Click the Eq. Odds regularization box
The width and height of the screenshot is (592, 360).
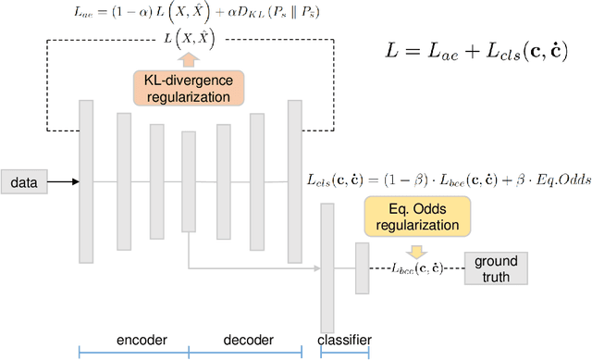(417, 216)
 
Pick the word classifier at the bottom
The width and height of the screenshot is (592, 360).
(344, 339)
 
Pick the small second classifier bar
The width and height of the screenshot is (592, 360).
(362, 268)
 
